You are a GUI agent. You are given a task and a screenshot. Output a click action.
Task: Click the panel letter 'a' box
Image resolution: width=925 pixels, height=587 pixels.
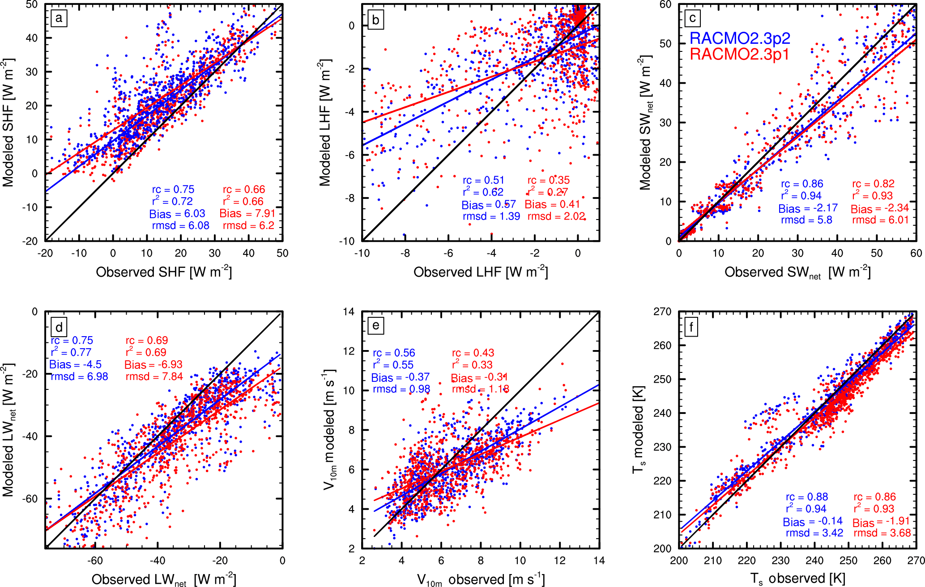pyautogui.click(x=59, y=19)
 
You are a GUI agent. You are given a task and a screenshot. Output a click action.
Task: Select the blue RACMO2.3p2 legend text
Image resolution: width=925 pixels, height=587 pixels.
pyautogui.click(x=740, y=38)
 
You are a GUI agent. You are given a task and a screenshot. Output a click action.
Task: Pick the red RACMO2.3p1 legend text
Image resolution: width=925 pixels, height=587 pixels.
pyautogui.click(x=739, y=54)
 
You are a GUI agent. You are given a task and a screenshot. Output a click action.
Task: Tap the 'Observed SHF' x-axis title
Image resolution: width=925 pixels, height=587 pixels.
pyautogui.click(x=164, y=272)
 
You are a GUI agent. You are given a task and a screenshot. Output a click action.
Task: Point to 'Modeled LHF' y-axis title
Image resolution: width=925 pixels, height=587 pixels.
pyautogui.click(x=325, y=123)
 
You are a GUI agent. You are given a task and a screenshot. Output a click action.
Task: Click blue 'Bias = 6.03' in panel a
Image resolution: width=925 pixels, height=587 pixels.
pyautogui.click(x=177, y=214)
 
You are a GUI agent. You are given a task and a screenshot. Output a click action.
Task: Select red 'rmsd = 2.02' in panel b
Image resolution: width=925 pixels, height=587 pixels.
pyautogui.click(x=556, y=216)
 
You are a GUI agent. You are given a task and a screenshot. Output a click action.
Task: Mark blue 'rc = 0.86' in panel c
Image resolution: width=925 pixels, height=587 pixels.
pyautogui.click(x=802, y=184)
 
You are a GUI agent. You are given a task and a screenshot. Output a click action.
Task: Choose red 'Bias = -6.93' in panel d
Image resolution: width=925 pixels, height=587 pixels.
pyautogui.click(x=153, y=365)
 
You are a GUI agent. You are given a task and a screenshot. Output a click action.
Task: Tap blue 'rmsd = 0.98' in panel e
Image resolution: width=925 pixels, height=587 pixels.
pyautogui.click(x=401, y=389)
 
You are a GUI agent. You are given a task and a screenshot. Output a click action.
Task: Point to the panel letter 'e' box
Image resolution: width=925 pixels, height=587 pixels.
pyautogui.click(x=375, y=325)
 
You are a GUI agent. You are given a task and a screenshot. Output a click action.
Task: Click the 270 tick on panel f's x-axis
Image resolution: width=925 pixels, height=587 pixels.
pyautogui.click(x=916, y=561)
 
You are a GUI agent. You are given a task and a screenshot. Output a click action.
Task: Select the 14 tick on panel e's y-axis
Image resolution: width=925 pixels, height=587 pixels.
pyautogui.click(x=349, y=312)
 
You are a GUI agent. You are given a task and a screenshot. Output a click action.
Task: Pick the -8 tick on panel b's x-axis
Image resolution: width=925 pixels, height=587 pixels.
pyautogui.click(x=405, y=253)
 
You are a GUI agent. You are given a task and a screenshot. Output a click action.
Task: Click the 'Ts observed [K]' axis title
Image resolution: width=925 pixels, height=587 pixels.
pyautogui.click(x=798, y=579)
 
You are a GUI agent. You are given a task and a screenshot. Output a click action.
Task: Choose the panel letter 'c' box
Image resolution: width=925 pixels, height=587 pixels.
pyautogui.click(x=692, y=18)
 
